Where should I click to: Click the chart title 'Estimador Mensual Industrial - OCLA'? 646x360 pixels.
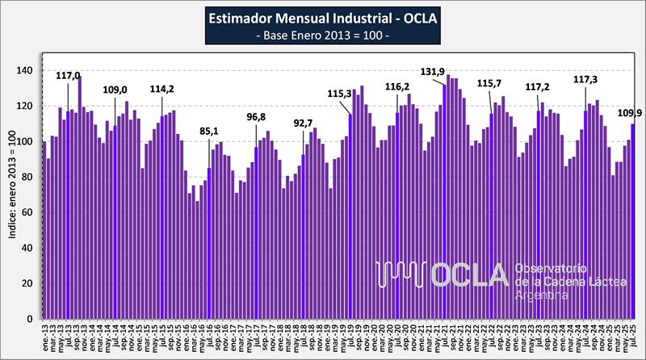(x=322, y=19)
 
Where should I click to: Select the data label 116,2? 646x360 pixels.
(x=396, y=86)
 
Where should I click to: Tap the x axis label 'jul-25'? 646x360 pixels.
(x=632, y=334)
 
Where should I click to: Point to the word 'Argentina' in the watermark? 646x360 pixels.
(x=541, y=295)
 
